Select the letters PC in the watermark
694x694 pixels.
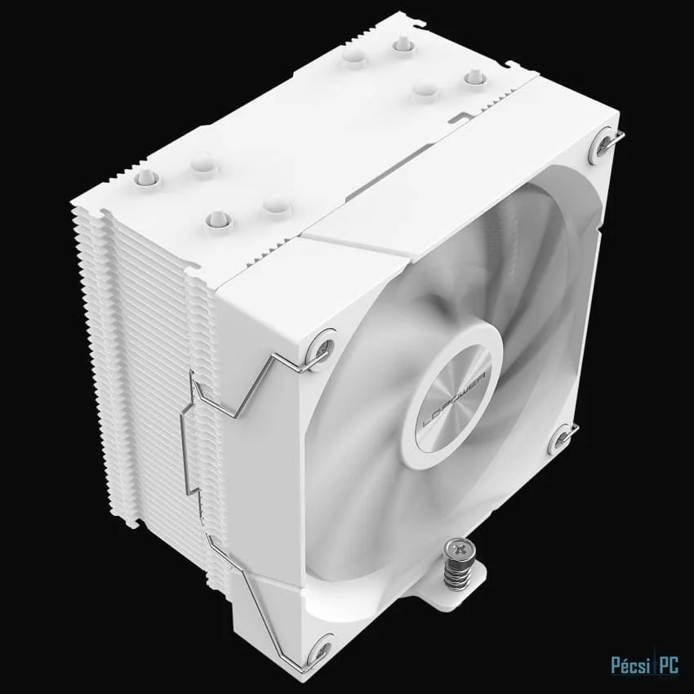pyautogui.click(x=669, y=665)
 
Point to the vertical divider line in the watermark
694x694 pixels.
pyautogui.click(x=655, y=665)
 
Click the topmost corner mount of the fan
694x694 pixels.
pyautogui.click(x=605, y=142)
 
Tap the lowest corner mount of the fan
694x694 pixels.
pyautogui.click(x=318, y=650)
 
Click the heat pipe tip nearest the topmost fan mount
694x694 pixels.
pyautogui.click(x=474, y=77)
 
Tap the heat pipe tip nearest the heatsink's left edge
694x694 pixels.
pyautogui.click(x=146, y=177)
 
